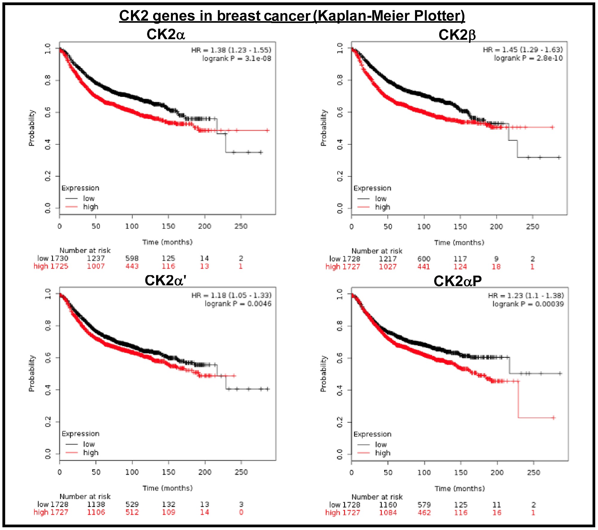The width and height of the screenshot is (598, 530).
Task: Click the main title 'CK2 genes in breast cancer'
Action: pos(292,16)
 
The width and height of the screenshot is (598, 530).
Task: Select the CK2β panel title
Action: pos(457,35)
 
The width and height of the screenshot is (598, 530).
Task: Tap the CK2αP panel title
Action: pos(457,281)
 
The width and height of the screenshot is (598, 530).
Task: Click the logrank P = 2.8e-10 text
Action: pos(528,58)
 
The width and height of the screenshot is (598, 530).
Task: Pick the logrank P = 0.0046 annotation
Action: pos(238,304)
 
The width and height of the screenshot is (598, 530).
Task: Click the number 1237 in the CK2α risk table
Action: pos(96,258)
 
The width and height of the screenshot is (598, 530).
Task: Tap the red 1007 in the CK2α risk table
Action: pos(96,266)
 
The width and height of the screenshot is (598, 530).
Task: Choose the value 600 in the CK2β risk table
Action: pos(424,259)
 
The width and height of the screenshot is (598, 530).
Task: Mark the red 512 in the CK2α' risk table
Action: pos(132,512)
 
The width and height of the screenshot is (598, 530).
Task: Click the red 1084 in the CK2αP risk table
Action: pos(388,513)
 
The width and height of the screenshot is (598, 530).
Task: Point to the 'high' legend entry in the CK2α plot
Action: pos(91,207)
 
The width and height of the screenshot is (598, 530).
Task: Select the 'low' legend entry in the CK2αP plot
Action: pos(381,445)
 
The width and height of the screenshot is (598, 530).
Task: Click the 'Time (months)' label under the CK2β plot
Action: pos(459,243)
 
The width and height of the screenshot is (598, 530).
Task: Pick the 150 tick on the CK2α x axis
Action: pos(168,226)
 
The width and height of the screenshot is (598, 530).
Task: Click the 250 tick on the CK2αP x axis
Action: pos(533,473)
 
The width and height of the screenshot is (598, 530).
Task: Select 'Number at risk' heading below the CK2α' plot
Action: pos(85,497)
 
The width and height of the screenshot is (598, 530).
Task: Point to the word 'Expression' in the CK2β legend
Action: pos(372,188)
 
